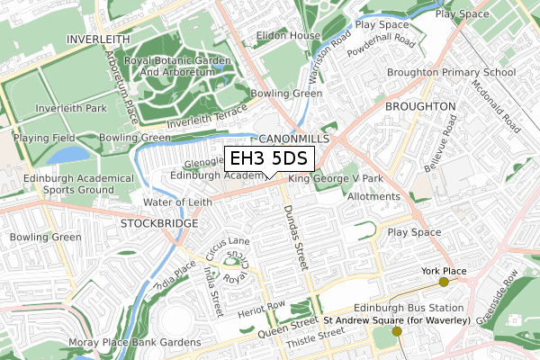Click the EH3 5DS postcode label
coord(268,159)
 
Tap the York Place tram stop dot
coord(443,283)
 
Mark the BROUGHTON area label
coord(419,106)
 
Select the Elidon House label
coord(288,36)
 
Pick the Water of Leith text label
coord(177,202)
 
